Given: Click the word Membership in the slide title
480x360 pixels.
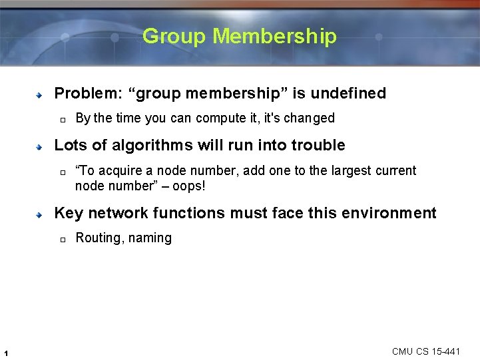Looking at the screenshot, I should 275,36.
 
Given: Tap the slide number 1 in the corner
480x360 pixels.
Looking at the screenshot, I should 6,352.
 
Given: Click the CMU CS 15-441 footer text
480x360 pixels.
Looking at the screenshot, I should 425,351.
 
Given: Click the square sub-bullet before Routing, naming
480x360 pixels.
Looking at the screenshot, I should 61,240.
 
